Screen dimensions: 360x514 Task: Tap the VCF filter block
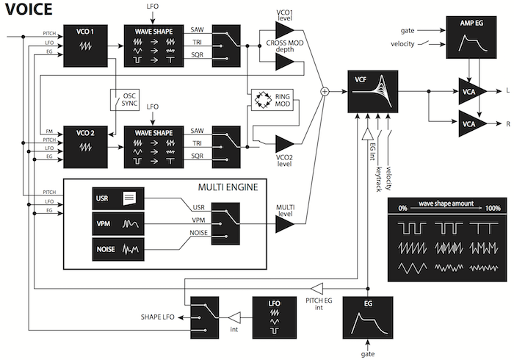[x=373, y=91]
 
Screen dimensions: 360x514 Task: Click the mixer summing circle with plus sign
[x=324, y=92]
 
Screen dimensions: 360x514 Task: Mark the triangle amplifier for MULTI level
[x=285, y=217]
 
